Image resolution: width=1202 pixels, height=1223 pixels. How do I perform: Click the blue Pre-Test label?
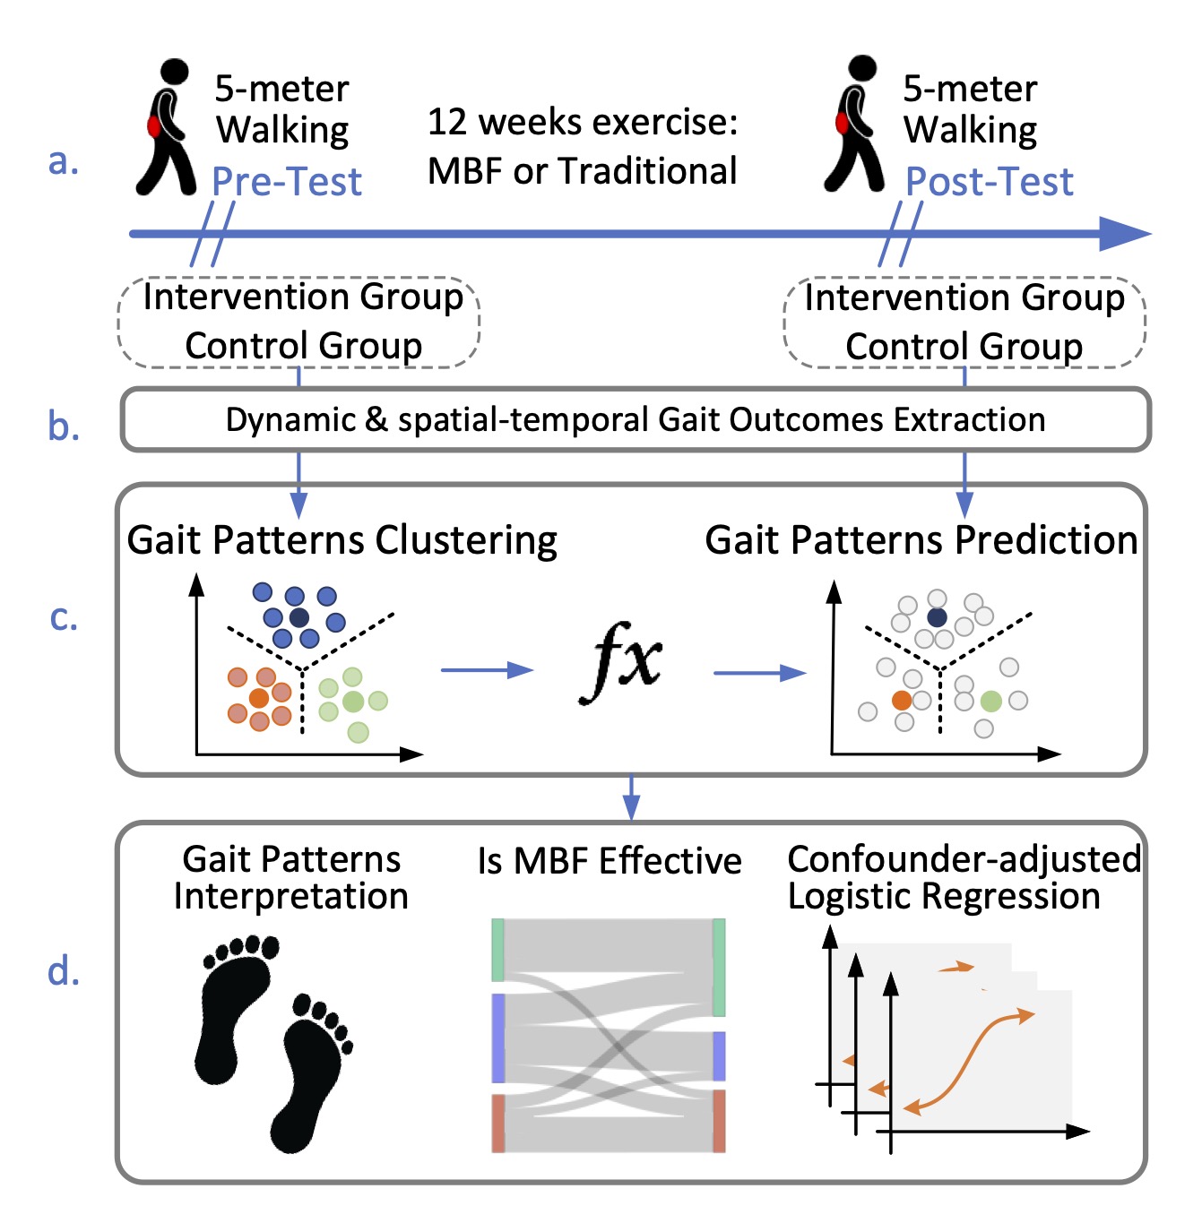(x=287, y=182)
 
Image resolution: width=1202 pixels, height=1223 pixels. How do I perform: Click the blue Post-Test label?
(x=989, y=182)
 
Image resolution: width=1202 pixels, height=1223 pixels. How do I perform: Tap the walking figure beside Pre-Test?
(x=167, y=127)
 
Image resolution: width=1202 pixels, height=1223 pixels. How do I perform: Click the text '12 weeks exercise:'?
(x=583, y=123)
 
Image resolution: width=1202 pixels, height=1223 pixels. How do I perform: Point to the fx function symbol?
(x=621, y=664)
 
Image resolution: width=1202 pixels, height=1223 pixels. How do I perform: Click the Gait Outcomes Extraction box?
(x=635, y=419)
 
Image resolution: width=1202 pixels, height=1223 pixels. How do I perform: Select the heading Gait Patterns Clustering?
(x=342, y=540)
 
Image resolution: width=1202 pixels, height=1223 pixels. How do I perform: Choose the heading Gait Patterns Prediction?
(x=921, y=540)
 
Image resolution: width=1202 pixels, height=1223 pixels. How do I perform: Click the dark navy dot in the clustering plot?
(x=299, y=616)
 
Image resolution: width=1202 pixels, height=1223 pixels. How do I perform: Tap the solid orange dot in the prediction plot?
(x=902, y=700)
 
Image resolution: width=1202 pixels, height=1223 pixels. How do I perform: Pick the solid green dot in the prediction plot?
(x=990, y=701)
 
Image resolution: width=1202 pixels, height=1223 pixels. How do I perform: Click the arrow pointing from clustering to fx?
(x=488, y=670)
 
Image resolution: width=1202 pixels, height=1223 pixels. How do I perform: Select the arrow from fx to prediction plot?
(x=760, y=673)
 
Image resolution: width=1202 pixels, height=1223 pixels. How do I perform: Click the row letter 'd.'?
(x=64, y=971)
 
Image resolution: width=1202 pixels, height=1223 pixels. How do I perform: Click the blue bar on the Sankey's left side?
(x=498, y=1038)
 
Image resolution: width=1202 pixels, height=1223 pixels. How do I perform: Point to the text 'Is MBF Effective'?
(x=610, y=861)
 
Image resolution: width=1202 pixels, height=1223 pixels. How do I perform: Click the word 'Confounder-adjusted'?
(x=964, y=859)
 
